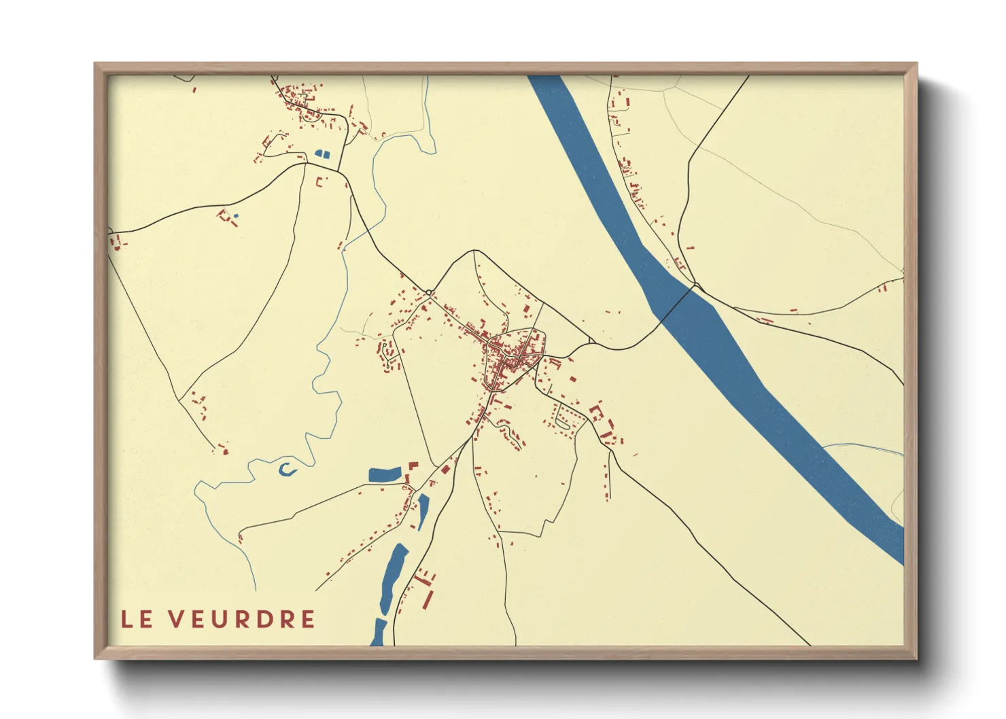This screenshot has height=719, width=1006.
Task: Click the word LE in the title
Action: point(137,619)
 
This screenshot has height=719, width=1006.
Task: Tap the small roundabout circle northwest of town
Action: point(429,293)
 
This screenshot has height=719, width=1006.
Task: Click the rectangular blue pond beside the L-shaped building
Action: point(385,475)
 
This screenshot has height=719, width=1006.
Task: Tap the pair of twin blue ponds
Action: point(322,154)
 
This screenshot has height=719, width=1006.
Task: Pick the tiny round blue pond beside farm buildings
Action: point(236,216)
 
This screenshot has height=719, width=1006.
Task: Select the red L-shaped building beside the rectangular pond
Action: point(412,467)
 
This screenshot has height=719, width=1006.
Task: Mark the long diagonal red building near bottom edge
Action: point(428,600)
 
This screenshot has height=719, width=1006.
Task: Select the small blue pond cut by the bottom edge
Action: point(379,633)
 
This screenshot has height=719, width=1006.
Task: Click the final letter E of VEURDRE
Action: point(309,619)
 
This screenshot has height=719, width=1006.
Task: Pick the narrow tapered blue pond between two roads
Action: point(423,511)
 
